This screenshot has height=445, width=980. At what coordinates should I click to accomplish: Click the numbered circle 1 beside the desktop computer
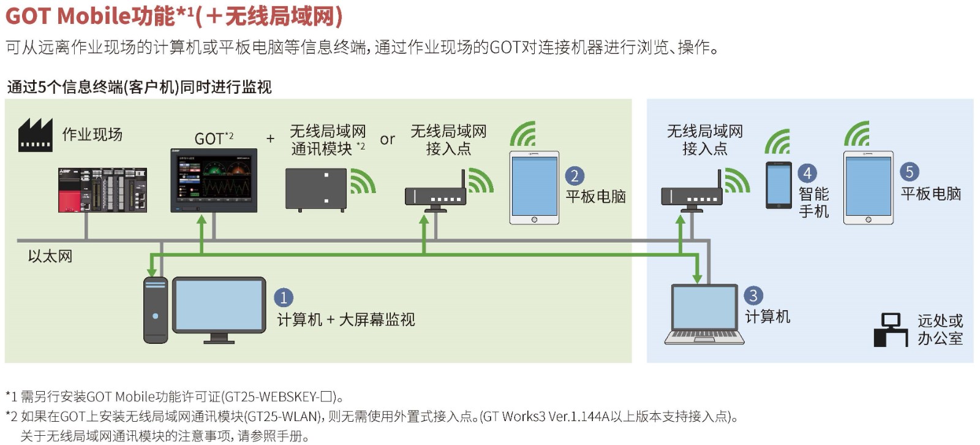(283, 298)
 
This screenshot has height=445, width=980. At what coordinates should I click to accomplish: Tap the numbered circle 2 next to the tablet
(574, 176)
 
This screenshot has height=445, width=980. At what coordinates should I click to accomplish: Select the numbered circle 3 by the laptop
(753, 295)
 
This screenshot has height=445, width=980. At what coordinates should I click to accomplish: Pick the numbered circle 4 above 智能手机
(807, 173)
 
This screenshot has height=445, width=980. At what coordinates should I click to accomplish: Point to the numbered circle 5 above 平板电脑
(909, 172)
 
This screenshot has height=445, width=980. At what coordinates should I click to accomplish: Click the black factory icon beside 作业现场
(35, 135)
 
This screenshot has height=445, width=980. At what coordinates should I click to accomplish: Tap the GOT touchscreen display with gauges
(214, 180)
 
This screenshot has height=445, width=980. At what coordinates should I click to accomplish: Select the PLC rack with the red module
(102, 190)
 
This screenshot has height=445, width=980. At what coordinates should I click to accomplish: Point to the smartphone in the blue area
(779, 185)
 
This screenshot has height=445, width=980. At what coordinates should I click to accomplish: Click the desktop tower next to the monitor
(155, 310)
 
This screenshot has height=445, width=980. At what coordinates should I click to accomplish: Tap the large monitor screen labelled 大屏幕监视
(219, 305)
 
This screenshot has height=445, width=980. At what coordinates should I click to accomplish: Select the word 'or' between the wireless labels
(387, 140)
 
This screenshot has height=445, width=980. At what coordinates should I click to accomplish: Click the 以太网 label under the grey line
(50, 256)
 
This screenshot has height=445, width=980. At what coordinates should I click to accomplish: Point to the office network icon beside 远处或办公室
(891, 330)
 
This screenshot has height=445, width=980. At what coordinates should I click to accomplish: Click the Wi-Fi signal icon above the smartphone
(777, 142)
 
